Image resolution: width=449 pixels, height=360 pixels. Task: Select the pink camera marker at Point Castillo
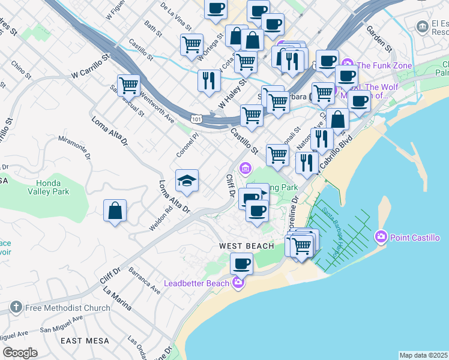[x=381, y=238]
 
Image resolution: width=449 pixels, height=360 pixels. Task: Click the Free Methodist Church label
[x=67, y=308]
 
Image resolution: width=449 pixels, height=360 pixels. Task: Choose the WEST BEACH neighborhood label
[x=246, y=246]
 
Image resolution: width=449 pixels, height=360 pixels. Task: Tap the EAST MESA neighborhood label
[x=85, y=341]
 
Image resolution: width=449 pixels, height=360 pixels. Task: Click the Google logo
[x=20, y=353]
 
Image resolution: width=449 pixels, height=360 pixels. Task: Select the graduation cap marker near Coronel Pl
[x=187, y=181]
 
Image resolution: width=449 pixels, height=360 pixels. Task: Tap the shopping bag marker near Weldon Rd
[x=115, y=211]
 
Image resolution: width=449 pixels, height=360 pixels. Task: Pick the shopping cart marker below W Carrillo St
[x=128, y=86]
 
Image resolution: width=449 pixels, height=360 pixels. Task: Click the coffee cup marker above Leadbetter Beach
[x=242, y=263]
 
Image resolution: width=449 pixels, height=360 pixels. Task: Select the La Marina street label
[x=118, y=300]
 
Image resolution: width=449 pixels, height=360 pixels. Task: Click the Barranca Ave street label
[x=145, y=281]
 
